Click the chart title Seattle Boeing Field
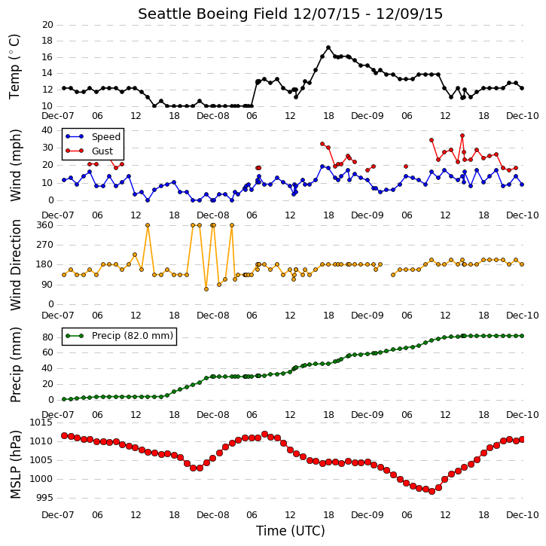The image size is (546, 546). tap(213, 14)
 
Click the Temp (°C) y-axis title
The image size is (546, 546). tap(14, 66)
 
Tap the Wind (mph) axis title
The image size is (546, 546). tap(15, 166)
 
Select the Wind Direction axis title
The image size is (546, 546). tap(15, 265)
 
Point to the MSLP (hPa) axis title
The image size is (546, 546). tap(15, 465)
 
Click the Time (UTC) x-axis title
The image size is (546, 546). tap(291, 531)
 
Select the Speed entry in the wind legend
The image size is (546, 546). tap(93, 137)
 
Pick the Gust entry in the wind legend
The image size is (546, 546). tap(90, 151)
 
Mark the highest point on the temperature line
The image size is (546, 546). tap(328, 47)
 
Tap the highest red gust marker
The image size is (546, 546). tap(462, 136)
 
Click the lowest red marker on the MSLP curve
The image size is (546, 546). tap(432, 491)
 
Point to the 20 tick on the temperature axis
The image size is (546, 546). tap(47, 25)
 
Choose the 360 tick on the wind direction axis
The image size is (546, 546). tap(45, 225)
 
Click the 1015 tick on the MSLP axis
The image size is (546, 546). tap(41, 422)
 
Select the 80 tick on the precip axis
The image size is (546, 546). tap(47, 337)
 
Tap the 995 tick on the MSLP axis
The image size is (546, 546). tap(45, 498)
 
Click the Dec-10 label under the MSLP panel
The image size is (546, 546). tap(523, 514)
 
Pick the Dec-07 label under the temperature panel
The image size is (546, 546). tap(58, 116)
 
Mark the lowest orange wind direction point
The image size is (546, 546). tap(206, 289)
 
